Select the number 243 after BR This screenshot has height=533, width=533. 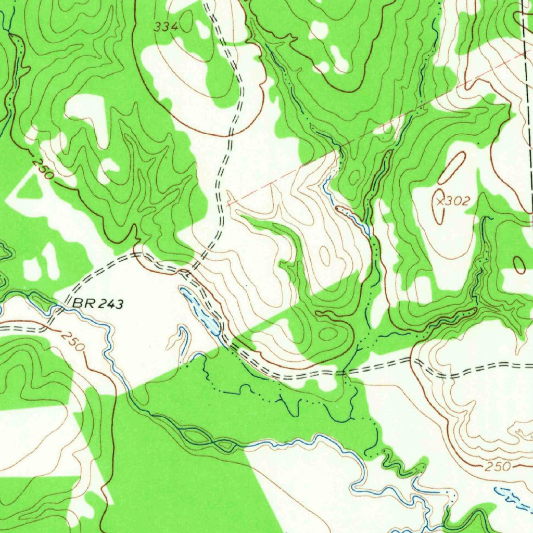pyautogui.click(x=112, y=304)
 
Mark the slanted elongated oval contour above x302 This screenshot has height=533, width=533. pyautogui.click(x=452, y=168)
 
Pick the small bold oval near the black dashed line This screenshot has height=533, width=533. pyautogui.click(x=519, y=265)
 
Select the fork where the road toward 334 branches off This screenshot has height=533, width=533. pyautogui.click(x=191, y=271)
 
